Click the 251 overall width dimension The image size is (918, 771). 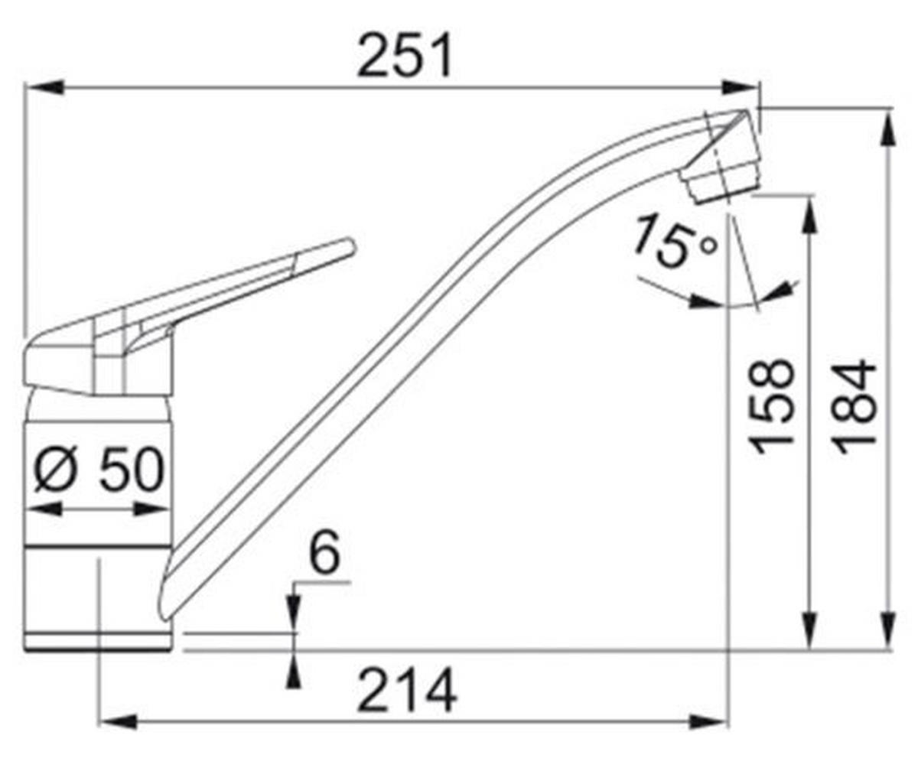coord(405,57)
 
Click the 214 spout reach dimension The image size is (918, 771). coord(407,690)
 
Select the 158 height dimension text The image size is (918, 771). coord(771,406)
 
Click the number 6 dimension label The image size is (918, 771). coord(325,555)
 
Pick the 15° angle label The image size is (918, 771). coord(674,243)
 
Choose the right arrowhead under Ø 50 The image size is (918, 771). coord(153,509)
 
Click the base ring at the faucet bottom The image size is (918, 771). coord(97,641)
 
